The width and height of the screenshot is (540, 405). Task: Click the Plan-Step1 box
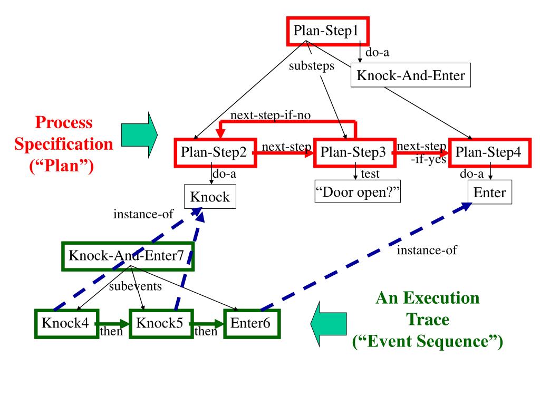pos(328,31)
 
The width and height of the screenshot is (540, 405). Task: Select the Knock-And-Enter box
pos(410,75)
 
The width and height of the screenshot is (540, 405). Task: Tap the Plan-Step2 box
pos(216,153)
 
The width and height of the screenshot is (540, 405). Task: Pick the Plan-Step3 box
pos(355,153)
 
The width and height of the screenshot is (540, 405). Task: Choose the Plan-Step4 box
pos(490,153)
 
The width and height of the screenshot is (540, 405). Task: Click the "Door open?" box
pos(358,191)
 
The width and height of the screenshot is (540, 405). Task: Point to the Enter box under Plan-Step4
pos(490,192)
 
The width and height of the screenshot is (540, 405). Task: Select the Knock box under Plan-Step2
pos(210,197)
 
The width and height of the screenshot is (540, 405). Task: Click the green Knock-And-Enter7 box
pos(128,256)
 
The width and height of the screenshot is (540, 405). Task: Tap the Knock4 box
pos(67,324)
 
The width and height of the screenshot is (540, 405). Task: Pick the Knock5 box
pos(161,324)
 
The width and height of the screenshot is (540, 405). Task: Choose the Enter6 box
pos(252,324)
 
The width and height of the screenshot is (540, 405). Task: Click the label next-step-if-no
pos(271,115)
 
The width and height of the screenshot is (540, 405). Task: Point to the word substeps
pos(312,65)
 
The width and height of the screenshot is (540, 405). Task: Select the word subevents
pos(136,286)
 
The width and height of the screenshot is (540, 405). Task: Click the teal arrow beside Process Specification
pos(139,135)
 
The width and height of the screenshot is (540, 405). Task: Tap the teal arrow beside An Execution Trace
pos(329,324)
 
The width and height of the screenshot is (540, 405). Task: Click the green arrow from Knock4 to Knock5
pos(114,324)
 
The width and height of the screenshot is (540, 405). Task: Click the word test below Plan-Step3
pos(370,174)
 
